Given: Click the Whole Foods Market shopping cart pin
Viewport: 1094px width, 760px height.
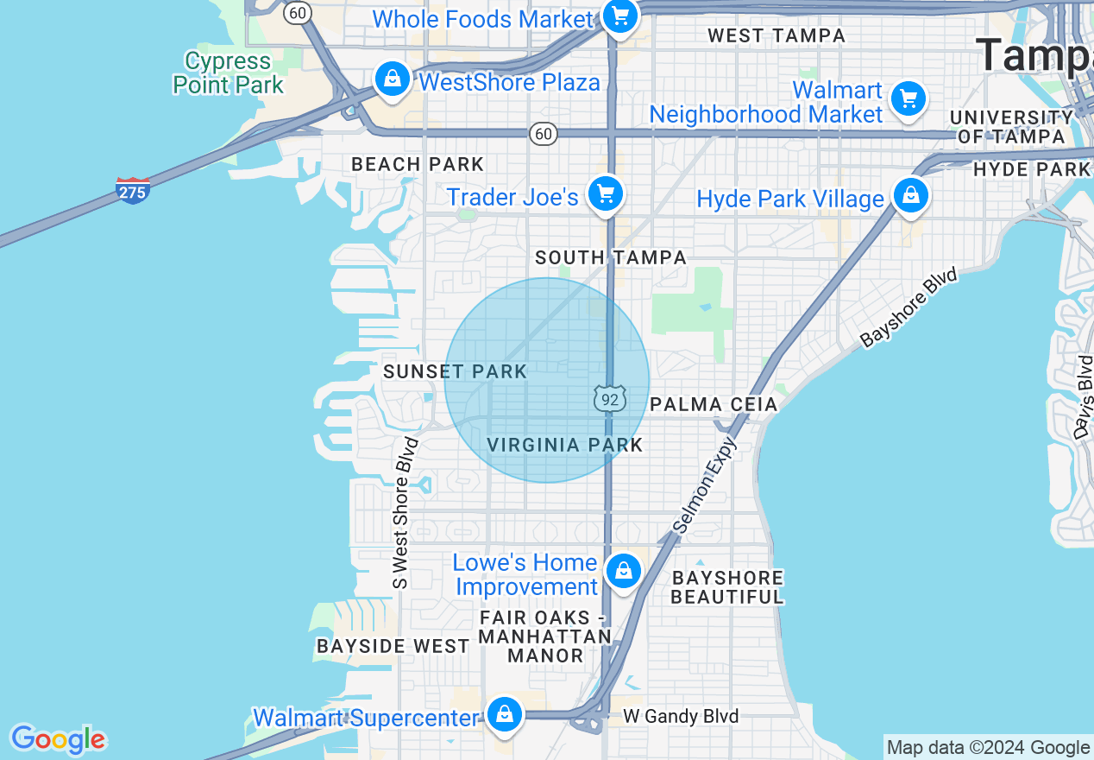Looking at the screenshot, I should point(619,16).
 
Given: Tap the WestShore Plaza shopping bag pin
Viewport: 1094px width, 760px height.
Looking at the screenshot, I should point(393,79).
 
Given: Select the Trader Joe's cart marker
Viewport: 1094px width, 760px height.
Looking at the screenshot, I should point(606,193).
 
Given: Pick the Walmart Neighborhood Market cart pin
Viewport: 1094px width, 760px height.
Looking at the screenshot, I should point(908,98).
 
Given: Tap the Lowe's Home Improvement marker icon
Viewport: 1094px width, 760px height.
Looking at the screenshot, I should point(622,570).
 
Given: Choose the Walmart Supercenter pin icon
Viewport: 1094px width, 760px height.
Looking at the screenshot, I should point(504,714).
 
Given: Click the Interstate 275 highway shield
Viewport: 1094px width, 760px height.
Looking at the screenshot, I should point(133,190).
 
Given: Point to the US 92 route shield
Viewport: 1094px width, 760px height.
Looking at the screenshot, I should point(609,397).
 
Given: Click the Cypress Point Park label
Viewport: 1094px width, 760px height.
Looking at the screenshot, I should point(229,73).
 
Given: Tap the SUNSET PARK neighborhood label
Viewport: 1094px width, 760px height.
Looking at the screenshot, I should point(455,372).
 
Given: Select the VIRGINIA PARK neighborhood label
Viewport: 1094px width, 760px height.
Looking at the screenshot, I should point(565,445).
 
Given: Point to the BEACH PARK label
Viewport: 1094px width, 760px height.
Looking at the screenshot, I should point(418,164).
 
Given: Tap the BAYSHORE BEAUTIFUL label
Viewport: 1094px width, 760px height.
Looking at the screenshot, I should point(727,587).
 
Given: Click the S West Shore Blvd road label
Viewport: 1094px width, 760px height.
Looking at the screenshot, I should point(402,513).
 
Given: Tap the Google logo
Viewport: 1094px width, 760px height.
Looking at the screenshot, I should point(58,739).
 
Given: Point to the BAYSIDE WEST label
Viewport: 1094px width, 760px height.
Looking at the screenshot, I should point(393,646).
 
